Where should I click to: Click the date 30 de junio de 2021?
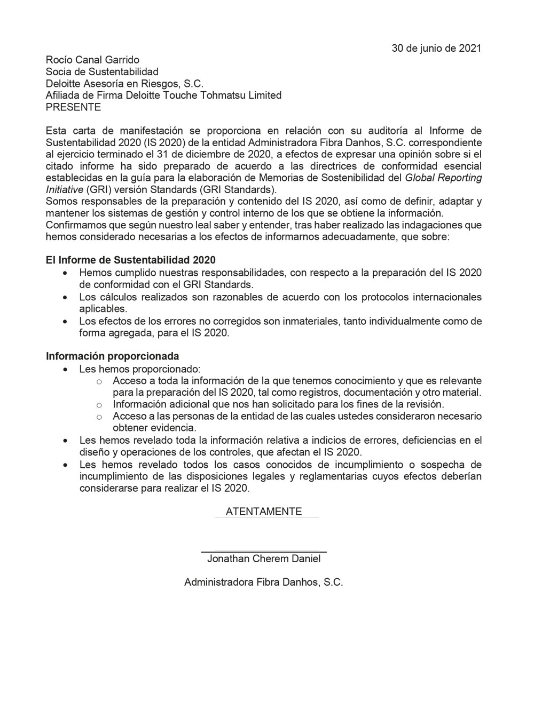pos(436,49)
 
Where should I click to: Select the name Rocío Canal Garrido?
pos(92,60)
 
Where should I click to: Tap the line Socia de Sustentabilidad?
pos(102,72)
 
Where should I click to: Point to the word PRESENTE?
pos(73,107)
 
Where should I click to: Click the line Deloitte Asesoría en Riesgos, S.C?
pos(125,84)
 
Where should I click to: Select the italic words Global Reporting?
pos(443,178)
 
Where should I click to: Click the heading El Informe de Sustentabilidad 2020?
pos(131,260)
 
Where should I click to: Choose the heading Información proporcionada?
pos(112,356)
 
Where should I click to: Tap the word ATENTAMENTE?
pos(264,512)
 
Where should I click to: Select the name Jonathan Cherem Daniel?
pos(264,559)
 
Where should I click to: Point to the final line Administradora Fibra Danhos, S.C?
pos(264,582)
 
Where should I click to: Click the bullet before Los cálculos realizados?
pos(65,298)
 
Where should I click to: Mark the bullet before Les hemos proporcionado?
pos(65,369)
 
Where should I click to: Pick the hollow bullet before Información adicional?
pos(99,405)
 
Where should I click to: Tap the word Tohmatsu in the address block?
pos(219,95)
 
